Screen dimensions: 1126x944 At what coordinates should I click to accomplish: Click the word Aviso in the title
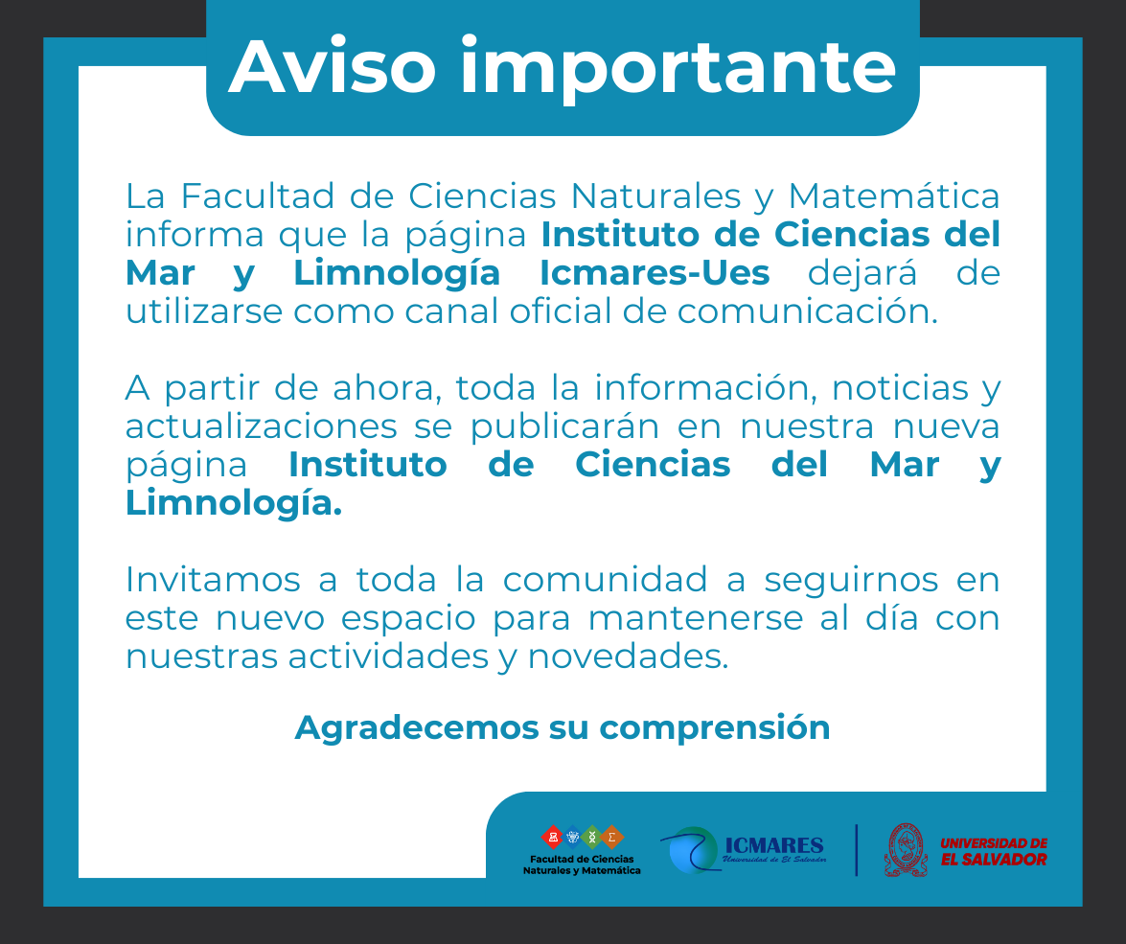[333, 67]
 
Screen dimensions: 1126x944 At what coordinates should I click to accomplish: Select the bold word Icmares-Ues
[655, 273]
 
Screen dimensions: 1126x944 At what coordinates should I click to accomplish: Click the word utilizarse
[204, 311]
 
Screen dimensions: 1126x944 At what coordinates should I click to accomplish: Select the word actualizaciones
[261, 426]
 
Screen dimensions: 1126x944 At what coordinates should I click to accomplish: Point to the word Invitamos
[213, 580]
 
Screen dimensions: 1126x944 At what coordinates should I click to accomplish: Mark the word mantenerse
[695, 618]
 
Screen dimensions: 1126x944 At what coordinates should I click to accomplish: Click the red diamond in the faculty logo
[552, 837]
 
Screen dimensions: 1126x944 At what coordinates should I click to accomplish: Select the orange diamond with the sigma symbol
[611, 837]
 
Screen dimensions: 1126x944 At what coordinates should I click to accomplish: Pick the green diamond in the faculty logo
[591, 837]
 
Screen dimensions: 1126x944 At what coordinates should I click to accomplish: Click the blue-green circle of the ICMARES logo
[692, 850]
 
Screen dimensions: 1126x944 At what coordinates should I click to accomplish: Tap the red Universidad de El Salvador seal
[907, 850]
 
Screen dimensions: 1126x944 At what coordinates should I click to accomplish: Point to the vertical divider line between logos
[857, 850]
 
